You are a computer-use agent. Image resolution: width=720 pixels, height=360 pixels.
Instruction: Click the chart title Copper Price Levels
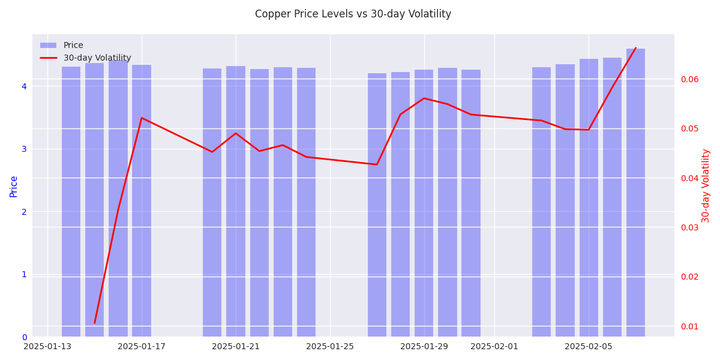353,14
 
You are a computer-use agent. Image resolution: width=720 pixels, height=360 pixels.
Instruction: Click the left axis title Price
14,186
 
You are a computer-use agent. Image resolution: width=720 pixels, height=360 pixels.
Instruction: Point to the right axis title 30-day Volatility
706,185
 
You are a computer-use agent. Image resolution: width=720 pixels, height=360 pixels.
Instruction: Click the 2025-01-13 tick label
47,347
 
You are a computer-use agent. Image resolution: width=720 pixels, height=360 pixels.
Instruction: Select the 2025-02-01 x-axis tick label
494,347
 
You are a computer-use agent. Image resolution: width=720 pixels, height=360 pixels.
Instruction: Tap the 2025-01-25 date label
330,347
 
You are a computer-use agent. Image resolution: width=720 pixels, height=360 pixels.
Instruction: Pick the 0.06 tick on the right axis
689,79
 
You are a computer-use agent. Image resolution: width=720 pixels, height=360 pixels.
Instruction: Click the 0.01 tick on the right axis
689,326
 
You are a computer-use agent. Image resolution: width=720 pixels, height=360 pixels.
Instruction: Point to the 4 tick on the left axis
24,86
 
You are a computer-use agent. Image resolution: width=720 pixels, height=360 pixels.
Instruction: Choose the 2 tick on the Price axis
24,212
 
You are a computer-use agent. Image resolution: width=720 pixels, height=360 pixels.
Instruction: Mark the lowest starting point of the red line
94,323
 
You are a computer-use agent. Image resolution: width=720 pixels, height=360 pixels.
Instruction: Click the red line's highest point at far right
635,48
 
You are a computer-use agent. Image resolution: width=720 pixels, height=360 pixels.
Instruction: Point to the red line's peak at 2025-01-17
142,118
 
